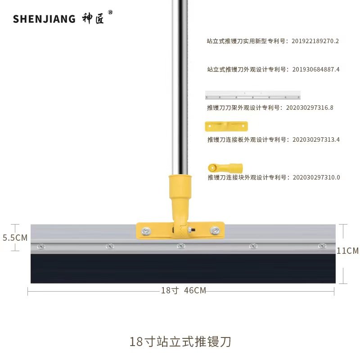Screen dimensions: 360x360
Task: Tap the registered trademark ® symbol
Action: coord(110,13)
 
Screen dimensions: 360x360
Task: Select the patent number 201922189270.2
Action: coord(315,41)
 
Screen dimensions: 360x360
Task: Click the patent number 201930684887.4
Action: coord(315,69)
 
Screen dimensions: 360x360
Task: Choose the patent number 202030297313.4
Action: coord(315,139)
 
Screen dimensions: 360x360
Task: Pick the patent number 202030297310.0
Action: coord(316,177)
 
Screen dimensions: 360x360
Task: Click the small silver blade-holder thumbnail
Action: coord(252,95)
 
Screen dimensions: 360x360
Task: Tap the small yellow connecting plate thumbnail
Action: coord(226,126)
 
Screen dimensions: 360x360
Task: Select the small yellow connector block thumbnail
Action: coord(225,168)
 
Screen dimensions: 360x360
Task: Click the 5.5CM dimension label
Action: coord(15,238)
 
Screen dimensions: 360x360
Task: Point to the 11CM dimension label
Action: coord(347,251)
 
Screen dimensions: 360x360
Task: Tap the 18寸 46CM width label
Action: coord(183,291)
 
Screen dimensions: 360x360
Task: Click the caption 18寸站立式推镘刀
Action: coord(180,342)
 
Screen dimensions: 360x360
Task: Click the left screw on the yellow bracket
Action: coord(146,231)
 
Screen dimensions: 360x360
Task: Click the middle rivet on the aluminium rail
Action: coord(180,246)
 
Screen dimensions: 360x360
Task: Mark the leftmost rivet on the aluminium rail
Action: coord(41,246)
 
